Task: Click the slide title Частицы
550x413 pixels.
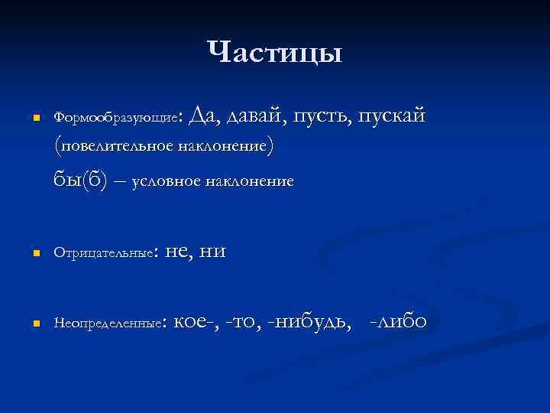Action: point(275,53)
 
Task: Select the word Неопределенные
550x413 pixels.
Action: point(108,324)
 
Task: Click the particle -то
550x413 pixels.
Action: point(251,324)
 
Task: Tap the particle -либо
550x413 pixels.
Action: point(397,323)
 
